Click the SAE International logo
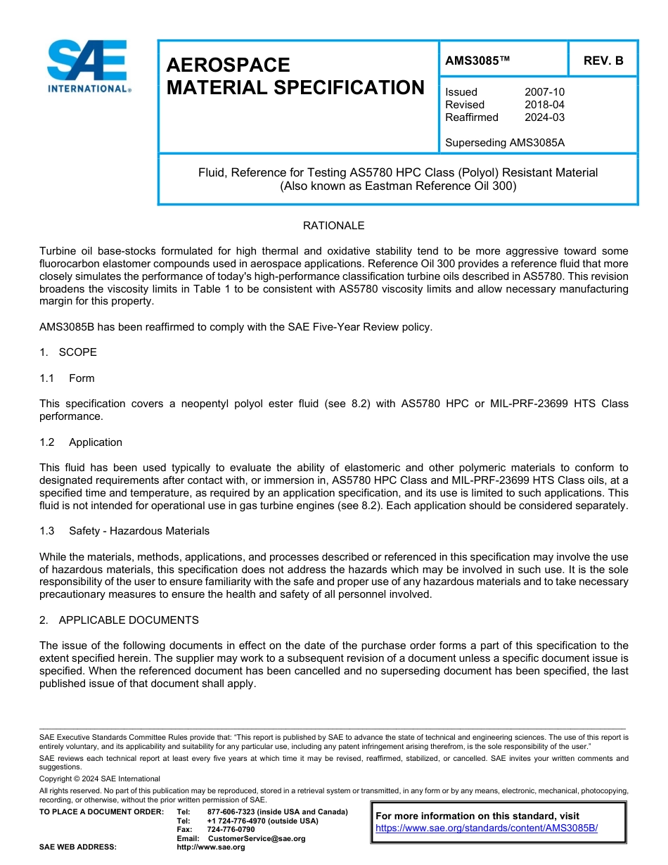(87, 67)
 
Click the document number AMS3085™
(477, 61)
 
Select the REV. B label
(603, 61)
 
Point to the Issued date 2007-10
(544, 92)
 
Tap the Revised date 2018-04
(544, 105)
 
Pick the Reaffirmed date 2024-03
(544, 117)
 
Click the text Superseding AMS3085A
(505, 143)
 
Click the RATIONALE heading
(333, 226)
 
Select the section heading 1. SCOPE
(68, 352)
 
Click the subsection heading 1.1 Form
(68, 378)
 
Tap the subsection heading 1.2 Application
(81, 442)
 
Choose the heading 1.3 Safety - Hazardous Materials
(124, 531)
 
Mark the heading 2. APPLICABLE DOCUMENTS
(119, 620)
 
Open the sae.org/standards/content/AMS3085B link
(487, 828)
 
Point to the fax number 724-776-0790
(231, 829)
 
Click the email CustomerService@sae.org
(257, 838)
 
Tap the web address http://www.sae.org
(211, 847)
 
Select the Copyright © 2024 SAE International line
(100, 778)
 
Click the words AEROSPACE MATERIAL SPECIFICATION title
(295, 76)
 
